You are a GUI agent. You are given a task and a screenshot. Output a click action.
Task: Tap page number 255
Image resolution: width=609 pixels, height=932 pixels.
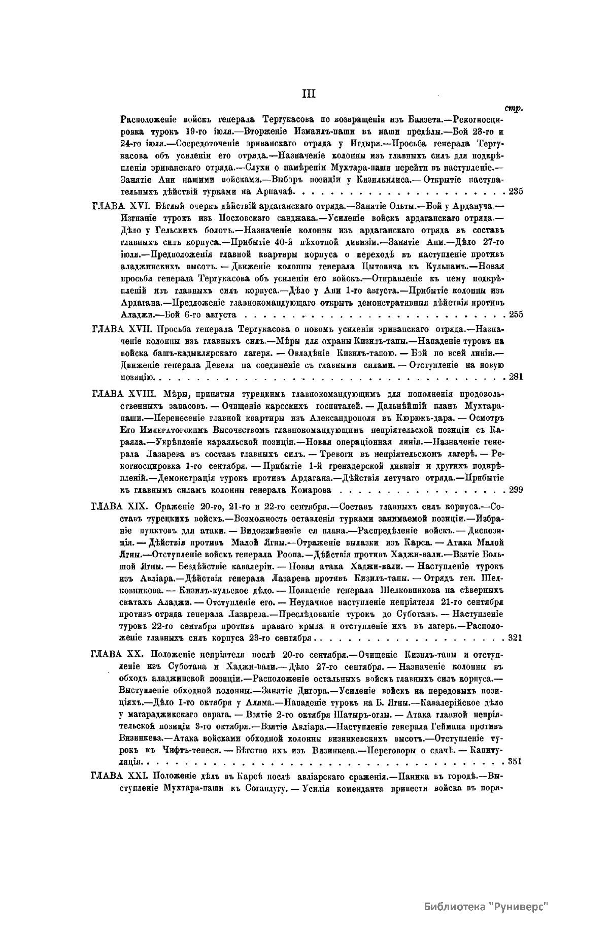[x=516, y=314]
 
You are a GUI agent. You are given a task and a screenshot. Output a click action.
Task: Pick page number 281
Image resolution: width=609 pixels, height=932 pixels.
[x=516, y=377]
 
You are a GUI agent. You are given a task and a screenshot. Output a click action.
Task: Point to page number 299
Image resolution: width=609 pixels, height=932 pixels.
[x=516, y=490]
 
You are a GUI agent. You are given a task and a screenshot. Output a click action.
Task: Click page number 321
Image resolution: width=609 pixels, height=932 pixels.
[x=516, y=638]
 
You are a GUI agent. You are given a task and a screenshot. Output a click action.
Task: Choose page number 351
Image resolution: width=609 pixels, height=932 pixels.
[x=516, y=761]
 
